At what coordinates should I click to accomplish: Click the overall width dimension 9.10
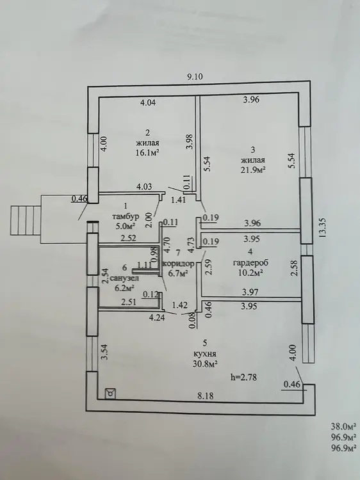(x=195, y=77)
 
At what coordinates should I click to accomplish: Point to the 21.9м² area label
(x=253, y=170)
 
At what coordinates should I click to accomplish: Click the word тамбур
(x=126, y=216)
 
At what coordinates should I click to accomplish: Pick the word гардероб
(x=250, y=262)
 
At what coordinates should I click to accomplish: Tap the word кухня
(x=205, y=354)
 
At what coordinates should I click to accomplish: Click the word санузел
(x=124, y=278)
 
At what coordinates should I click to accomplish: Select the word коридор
(x=179, y=264)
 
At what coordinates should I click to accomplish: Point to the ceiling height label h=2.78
(x=243, y=377)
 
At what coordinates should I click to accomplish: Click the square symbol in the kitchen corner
(x=110, y=394)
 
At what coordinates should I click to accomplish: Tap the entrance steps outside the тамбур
(x=26, y=220)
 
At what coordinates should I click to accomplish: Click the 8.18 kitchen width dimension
(x=205, y=396)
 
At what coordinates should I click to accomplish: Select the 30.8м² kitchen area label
(x=205, y=364)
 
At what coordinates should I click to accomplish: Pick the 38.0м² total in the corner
(x=343, y=426)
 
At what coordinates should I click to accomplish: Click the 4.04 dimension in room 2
(x=148, y=102)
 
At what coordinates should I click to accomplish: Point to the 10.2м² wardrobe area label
(x=251, y=273)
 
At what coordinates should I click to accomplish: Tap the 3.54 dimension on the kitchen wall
(x=105, y=352)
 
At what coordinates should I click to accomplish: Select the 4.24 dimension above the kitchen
(x=157, y=317)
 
